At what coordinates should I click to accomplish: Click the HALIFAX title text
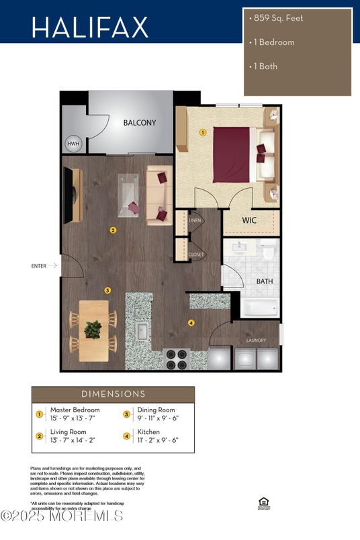click(x=89, y=27)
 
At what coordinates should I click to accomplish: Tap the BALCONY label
click(x=139, y=123)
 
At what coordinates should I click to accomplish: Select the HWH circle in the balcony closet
click(x=73, y=144)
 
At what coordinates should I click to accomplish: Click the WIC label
click(x=249, y=220)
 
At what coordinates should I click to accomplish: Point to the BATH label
click(x=264, y=281)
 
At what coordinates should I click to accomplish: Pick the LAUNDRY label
click(x=257, y=341)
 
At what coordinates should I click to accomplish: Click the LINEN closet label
click(x=195, y=220)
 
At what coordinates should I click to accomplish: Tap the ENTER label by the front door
click(x=39, y=266)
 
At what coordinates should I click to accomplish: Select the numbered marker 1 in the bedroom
click(x=202, y=133)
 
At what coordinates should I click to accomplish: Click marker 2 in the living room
click(x=113, y=230)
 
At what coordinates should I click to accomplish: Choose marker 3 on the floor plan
click(x=107, y=290)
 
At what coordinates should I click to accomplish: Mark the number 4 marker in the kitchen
click(x=191, y=323)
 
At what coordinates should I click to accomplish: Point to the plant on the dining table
click(x=93, y=328)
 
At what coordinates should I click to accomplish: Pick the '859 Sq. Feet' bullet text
click(x=277, y=18)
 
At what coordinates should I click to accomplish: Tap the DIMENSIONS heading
click(x=113, y=394)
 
